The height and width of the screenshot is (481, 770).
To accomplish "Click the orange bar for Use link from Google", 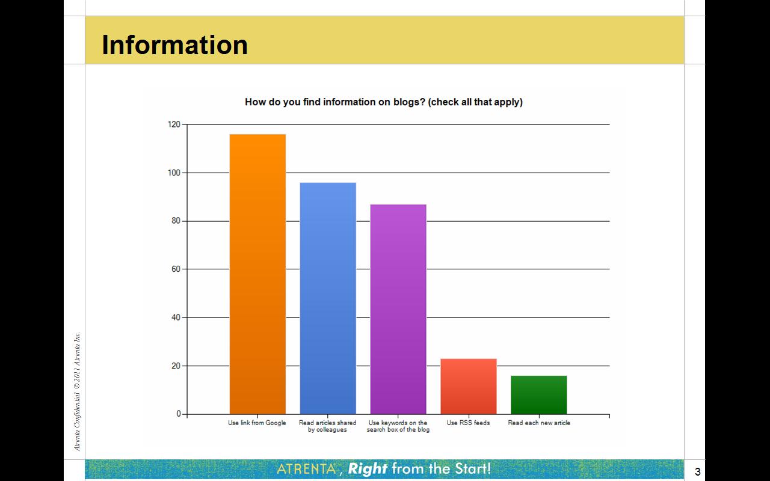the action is [257, 274].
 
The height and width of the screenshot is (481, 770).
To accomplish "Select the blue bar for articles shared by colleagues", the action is [328, 298].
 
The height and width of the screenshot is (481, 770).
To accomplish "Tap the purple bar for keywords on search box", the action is [398, 309].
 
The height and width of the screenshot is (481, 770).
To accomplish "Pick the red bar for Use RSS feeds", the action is [469, 387].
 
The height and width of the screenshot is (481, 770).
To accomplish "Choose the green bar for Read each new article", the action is [539, 395].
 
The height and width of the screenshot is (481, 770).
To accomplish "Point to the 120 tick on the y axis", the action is [174, 124].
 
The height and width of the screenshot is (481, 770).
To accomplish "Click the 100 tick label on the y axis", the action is [174, 173].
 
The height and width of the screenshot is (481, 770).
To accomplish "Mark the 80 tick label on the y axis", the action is [176, 221].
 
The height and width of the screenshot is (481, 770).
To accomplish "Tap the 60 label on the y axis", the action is [176, 269].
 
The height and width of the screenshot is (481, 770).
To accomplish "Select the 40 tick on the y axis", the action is [176, 317].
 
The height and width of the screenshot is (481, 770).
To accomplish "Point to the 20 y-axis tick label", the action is [176, 366].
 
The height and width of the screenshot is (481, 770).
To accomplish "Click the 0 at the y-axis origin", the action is [179, 414].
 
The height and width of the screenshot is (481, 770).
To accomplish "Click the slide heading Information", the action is [174, 44].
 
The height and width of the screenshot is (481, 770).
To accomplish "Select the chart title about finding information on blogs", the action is [384, 102].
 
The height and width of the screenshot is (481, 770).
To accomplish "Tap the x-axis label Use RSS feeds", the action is [468, 423].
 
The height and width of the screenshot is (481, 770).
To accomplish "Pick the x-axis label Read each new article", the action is [539, 423].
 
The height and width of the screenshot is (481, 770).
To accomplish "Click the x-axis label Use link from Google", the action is [257, 423].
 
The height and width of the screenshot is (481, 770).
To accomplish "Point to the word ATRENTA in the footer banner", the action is [306, 469].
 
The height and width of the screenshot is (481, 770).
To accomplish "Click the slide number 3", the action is [697, 472].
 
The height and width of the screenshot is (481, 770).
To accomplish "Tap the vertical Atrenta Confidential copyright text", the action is [78, 391].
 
